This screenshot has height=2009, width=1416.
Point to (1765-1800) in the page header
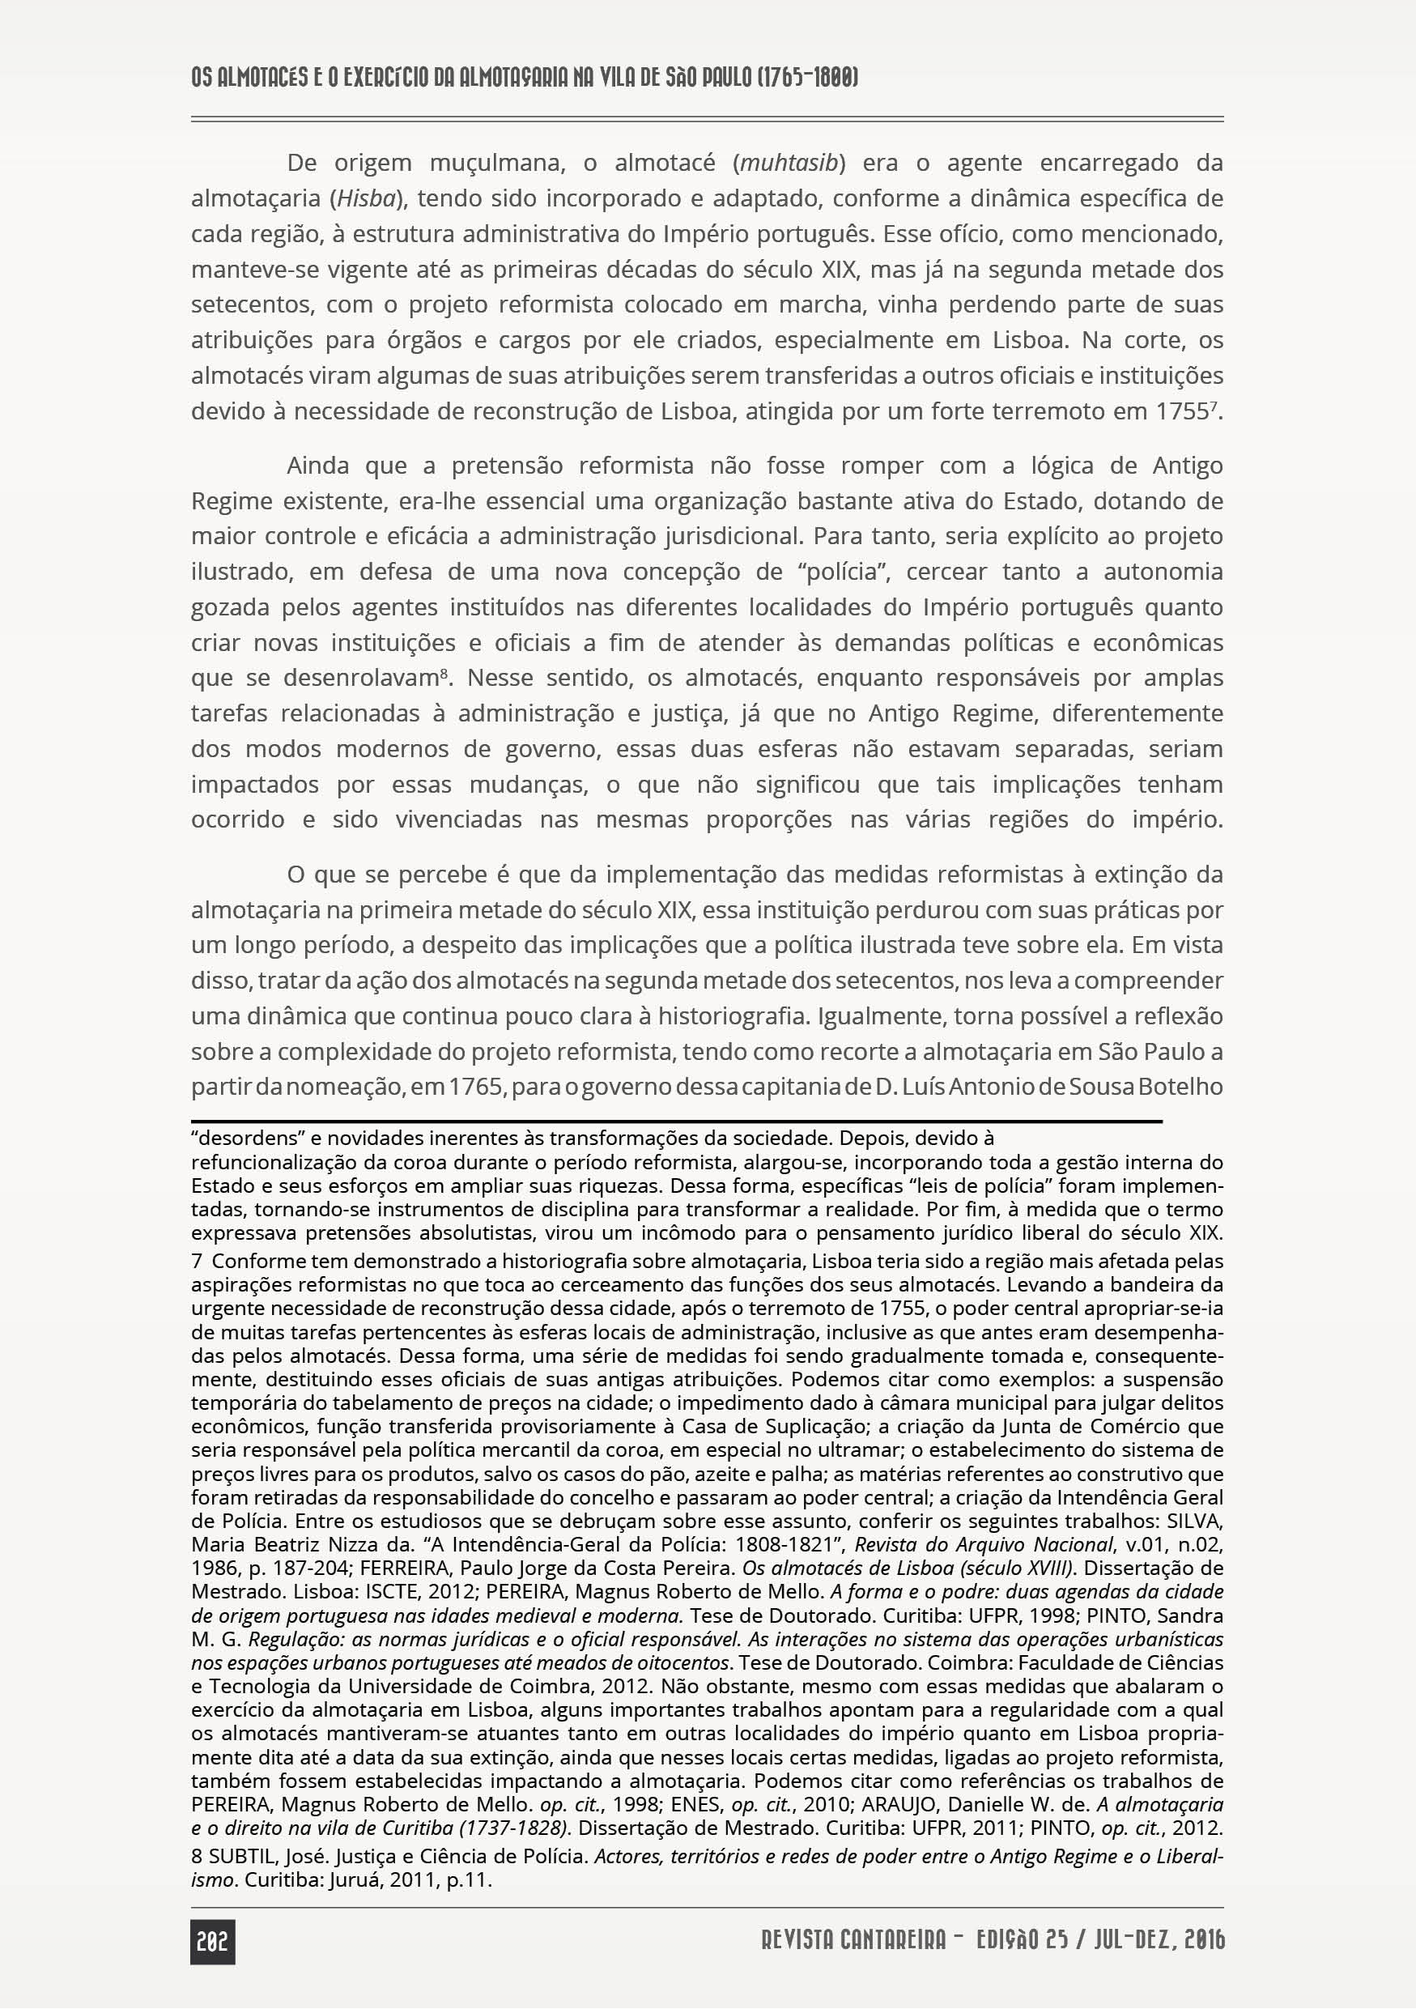(806, 78)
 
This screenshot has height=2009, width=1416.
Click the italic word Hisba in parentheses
(366, 198)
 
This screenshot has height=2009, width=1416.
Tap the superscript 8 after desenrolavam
(444, 674)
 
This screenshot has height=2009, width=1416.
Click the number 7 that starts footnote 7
(197, 1262)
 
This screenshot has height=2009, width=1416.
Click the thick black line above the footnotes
(676, 1121)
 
